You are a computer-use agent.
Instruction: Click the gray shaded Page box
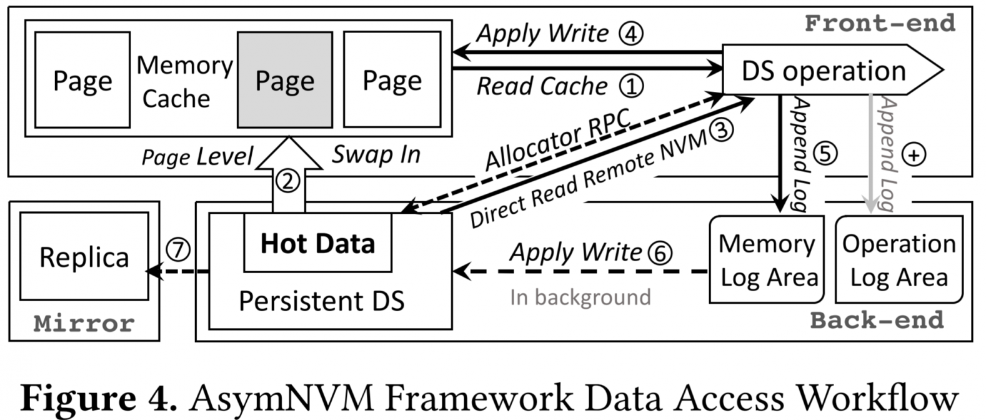[x=284, y=80]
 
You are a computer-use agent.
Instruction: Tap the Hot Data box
[x=317, y=243]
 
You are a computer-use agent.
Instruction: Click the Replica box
[x=84, y=256]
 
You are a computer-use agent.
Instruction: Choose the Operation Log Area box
[x=899, y=259]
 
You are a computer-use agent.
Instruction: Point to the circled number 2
[x=288, y=181]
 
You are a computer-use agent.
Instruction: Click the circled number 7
[x=177, y=250]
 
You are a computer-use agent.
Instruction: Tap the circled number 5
[x=825, y=153]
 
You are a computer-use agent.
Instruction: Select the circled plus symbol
[x=914, y=154]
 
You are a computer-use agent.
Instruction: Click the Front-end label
[x=880, y=23]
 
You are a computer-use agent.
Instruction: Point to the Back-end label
[x=877, y=320]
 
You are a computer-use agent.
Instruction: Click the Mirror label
[x=84, y=323]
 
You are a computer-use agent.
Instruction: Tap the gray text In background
[x=580, y=297]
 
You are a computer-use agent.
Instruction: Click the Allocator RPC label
[x=557, y=141]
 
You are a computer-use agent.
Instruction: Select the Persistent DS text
[x=321, y=301]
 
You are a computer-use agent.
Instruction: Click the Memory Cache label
[x=184, y=81]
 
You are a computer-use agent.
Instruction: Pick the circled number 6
[x=660, y=252]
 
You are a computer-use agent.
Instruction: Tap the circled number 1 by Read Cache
[x=631, y=86]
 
